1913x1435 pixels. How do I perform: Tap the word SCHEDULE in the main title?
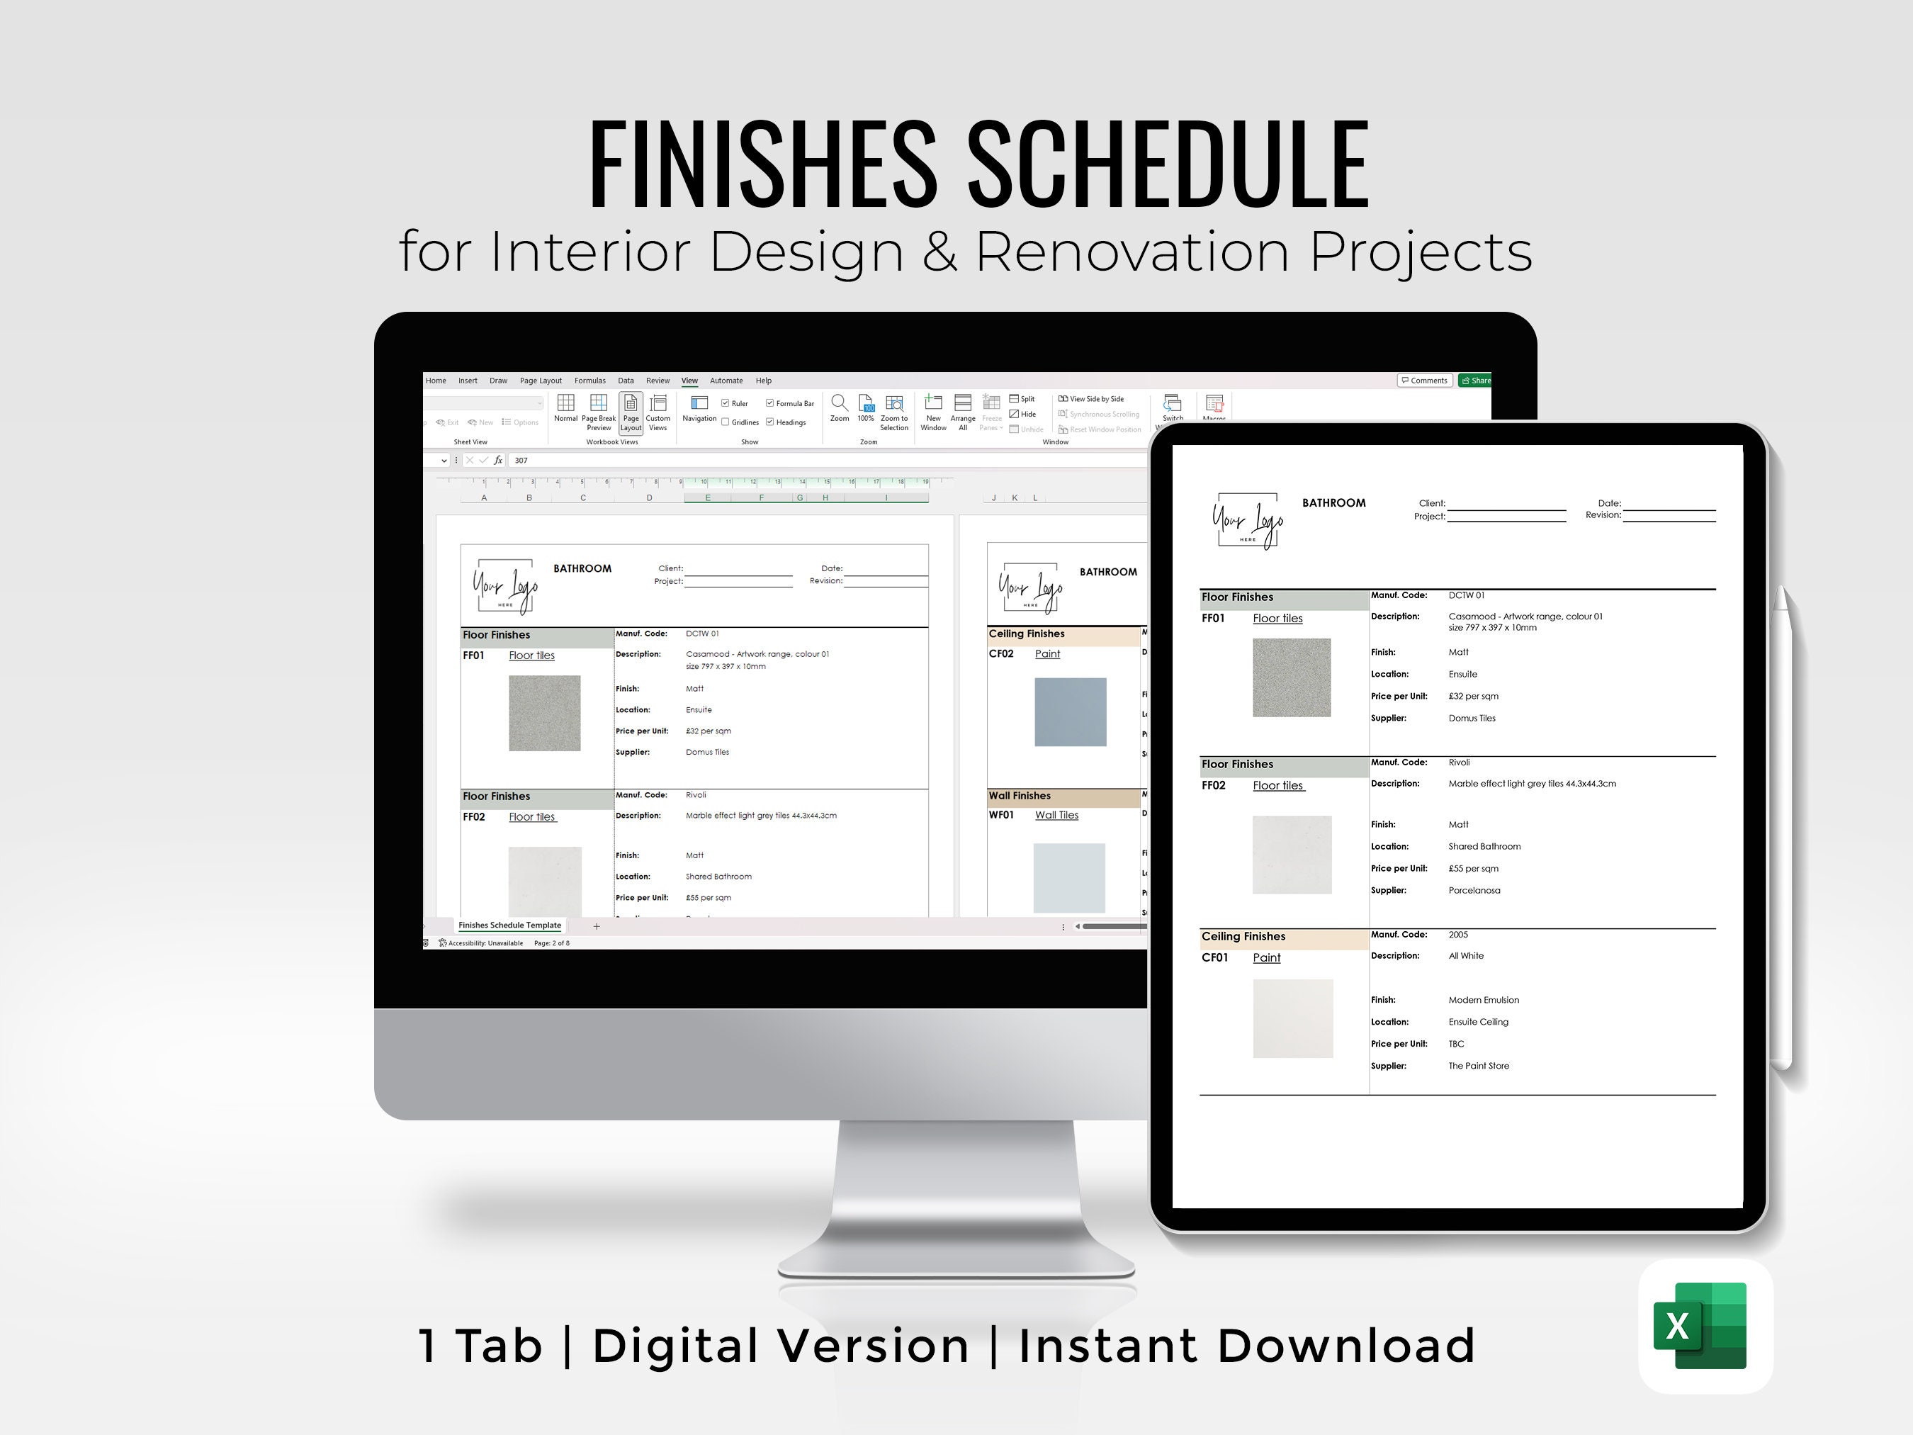coord(1167,164)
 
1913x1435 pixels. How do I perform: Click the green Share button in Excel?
coord(1475,381)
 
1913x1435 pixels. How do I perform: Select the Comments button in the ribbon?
coord(1423,381)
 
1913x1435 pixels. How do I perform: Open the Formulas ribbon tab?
coord(589,381)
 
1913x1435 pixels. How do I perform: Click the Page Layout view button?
coord(631,412)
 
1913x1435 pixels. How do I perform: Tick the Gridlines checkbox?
coord(726,422)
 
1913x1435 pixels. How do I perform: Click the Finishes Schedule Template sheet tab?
coord(509,925)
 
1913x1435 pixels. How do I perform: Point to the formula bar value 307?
coord(521,460)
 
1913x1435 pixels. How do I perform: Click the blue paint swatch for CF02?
coord(1070,712)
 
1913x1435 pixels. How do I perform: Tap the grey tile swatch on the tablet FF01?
coord(1291,677)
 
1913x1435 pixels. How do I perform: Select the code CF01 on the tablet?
coord(1214,957)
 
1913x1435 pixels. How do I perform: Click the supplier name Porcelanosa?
coord(1474,890)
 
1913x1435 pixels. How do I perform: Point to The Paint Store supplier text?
coord(1478,1066)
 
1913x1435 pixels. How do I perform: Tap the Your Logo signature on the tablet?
coord(1247,521)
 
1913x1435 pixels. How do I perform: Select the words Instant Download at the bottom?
coord(1246,1346)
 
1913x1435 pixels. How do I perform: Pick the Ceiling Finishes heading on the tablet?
coord(1243,936)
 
